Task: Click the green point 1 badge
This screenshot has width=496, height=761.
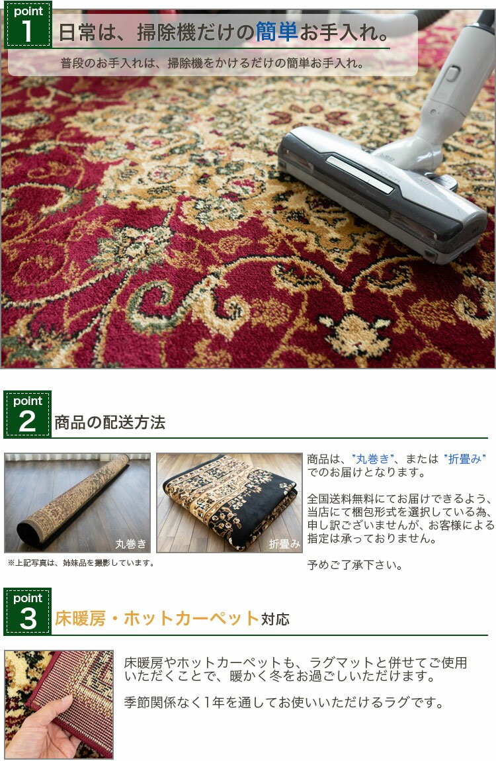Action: point(28,25)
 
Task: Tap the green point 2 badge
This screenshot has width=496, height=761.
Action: point(28,414)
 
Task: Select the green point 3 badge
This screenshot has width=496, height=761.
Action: point(28,611)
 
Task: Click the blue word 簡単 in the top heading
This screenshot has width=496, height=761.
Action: point(276,32)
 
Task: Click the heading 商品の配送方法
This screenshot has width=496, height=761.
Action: point(110,422)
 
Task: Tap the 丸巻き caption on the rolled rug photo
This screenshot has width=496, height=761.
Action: point(130,543)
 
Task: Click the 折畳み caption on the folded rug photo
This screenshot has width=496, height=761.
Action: point(284,543)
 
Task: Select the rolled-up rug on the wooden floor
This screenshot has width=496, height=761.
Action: point(73,500)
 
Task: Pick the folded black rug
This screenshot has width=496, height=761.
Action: point(229,502)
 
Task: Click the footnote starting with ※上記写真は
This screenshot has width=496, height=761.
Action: point(81,563)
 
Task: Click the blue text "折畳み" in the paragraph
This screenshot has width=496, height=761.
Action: point(464,459)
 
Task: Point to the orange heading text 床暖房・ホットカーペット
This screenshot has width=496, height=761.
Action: point(157,618)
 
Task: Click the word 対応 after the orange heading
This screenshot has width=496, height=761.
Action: point(275,619)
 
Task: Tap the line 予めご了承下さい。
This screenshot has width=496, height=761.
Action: point(355,565)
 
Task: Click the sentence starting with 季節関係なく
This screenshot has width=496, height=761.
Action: point(284,702)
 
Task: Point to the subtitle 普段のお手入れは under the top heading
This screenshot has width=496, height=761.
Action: point(212,63)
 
